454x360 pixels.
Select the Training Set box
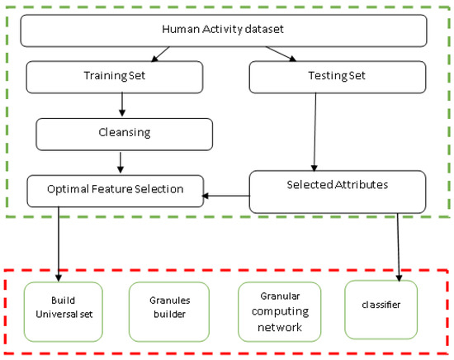[x=115, y=78]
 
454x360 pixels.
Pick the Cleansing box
[x=124, y=133]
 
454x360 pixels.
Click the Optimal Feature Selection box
[x=115, y=190]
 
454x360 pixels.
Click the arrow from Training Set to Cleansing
[x=122, y=105]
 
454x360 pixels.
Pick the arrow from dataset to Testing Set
[x=281, y=54]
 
